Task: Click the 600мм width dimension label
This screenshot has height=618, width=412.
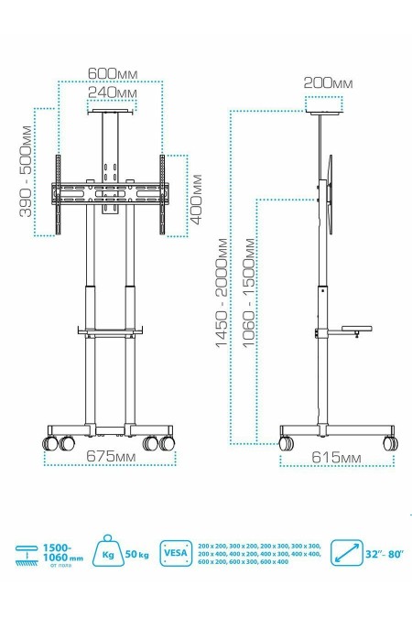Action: coord(112,73)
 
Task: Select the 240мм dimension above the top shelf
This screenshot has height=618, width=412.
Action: coord(112,92)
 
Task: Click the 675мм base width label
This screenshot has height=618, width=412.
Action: coord(110,455)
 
